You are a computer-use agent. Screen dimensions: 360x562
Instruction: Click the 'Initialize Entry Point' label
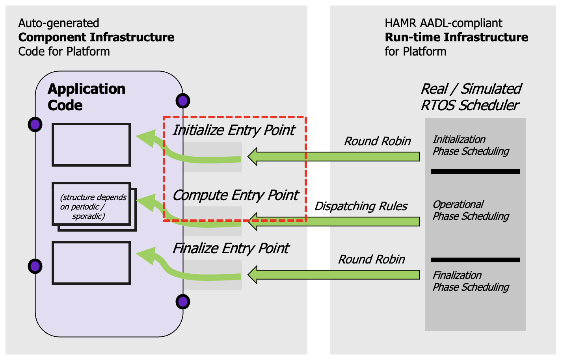(233, 130)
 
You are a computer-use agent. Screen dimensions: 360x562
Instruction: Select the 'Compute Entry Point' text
(235, 195)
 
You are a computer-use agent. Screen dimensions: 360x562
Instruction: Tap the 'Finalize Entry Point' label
(231, 249)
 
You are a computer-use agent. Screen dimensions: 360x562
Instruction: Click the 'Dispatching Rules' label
(361, 206)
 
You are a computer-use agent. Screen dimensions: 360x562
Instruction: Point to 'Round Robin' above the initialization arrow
(377, 141)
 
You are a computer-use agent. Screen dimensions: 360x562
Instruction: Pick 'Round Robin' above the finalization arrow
(371, 260)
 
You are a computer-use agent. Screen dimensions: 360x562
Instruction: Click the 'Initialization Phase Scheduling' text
(471, 145)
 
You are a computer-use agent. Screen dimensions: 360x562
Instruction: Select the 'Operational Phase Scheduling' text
(471, 210)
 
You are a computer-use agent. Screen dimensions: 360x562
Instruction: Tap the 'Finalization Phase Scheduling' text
(471, 281)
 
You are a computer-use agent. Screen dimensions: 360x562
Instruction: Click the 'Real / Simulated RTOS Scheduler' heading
(471, 97)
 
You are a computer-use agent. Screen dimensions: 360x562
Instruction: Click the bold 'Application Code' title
(86, 97)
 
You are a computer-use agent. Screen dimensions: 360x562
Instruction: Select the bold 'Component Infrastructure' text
(96, 37)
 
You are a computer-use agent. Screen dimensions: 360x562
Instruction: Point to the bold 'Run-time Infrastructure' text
(456, 37)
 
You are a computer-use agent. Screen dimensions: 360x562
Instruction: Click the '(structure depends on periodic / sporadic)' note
(93, 207)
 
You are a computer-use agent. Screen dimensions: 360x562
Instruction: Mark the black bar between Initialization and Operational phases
(475, 171)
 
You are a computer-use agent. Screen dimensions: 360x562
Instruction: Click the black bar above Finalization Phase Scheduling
(475, 260)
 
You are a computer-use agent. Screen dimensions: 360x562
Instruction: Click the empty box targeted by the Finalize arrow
(91, 263)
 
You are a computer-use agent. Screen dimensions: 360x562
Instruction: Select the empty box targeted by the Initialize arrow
(91, 145)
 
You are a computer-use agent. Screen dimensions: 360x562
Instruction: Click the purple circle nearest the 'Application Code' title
(35, 124)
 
